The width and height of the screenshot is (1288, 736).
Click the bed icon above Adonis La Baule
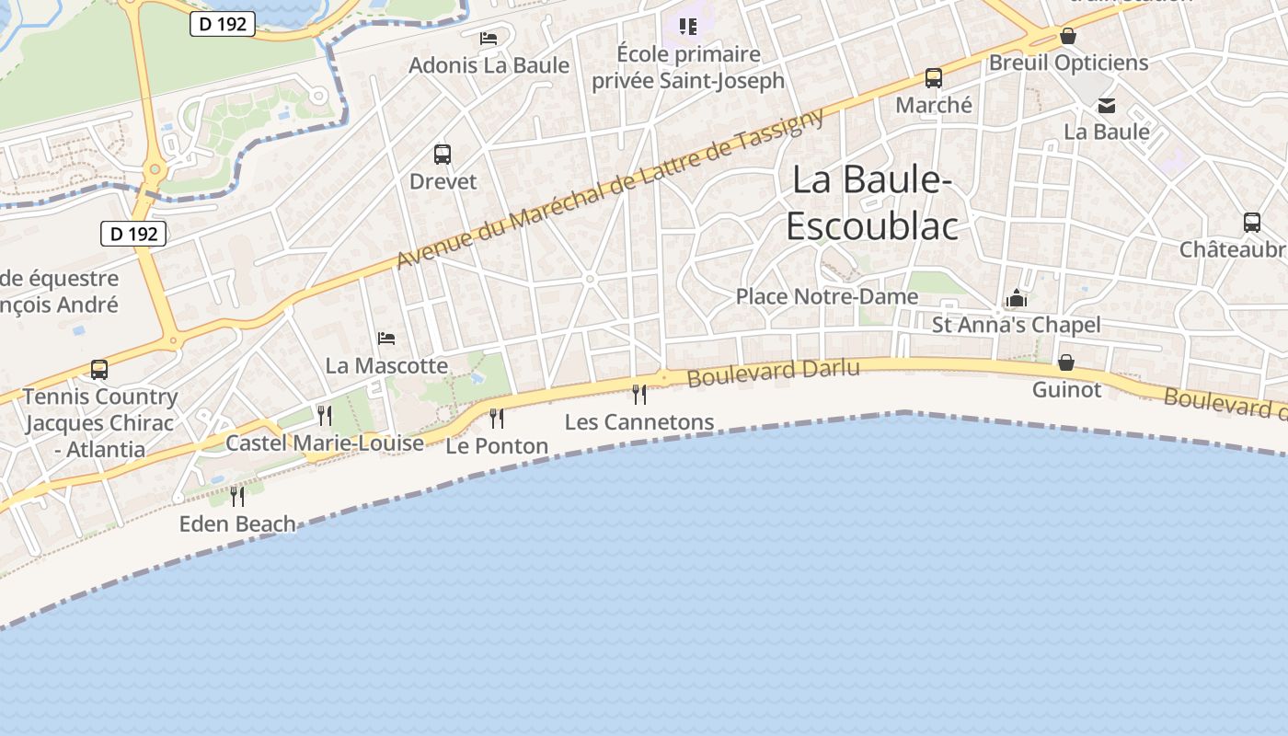tap(489, 39)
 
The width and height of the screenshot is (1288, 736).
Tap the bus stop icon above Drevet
tap(443, 155)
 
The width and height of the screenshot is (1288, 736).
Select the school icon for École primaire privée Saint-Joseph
tap(688, 27)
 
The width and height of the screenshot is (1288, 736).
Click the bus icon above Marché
tap(934, 78)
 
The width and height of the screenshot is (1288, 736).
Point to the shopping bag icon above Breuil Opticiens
tap(1068, 36)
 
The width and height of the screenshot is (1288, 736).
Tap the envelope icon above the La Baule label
tap(1107, 106)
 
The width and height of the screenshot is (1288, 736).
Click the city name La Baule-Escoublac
tap(871, 202)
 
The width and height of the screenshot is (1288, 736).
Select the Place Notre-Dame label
tap(826, 296)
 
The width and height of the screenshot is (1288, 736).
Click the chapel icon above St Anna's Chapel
tap(1016, 298)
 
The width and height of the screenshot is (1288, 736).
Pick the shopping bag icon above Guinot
tap(1066, 362)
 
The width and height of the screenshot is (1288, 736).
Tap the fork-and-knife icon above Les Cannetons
tap(639, 395)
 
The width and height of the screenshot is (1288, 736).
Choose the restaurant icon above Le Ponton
tap(497, 419)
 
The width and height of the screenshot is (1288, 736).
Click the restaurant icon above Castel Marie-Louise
tap(325, 416)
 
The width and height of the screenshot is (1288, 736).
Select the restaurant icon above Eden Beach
tap(237, 497)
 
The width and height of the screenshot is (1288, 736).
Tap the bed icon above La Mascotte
tap(386, 339)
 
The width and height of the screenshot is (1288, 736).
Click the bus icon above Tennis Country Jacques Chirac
tap(99, 370)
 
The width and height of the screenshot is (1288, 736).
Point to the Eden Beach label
tap(237, 523)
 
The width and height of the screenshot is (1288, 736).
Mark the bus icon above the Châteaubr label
tap(1252, 223)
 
